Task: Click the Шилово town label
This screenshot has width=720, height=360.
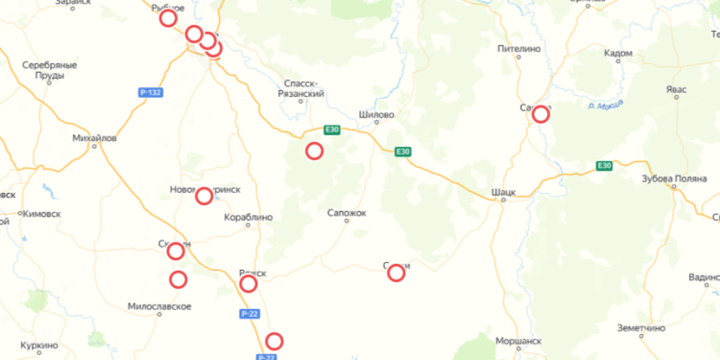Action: coord(376,114)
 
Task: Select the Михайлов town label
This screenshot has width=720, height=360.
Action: coord(94,138)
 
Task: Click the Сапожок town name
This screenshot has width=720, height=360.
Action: coord(347,212)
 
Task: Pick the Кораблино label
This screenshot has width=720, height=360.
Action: coord(247,217)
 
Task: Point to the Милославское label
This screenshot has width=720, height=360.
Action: coord(159,306)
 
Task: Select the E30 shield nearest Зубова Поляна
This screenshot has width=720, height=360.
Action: coord(604,166)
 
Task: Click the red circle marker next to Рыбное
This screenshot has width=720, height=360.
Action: coord(168,18)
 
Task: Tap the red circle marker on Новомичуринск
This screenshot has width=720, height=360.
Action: coord(204,197)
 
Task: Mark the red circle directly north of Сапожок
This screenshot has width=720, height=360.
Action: coord(314,151)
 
